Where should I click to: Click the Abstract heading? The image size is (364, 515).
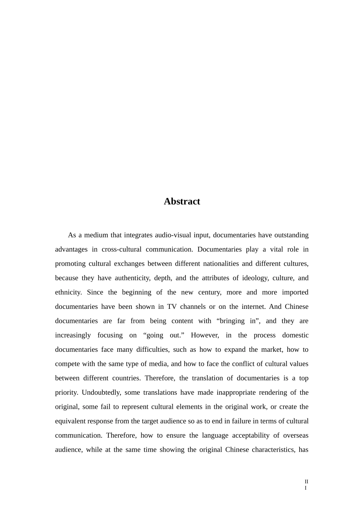182,202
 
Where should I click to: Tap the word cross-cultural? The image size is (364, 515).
121,249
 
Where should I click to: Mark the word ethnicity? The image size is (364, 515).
68,292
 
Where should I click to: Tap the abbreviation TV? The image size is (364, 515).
172,307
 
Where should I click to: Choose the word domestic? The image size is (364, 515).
295,335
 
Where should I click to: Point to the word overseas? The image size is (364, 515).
296,435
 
